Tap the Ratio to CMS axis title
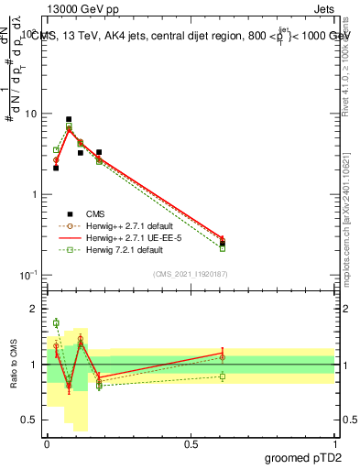[14, 365]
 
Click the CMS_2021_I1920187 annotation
[191, 274]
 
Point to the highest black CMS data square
[69, 119]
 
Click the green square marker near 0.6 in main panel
[223, 247]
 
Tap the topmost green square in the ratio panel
[56, 322]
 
